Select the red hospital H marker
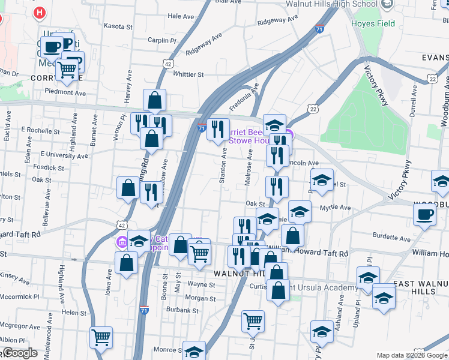tap(39, 12)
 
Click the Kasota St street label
tap(118, 26)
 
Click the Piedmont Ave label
tap(65, 92)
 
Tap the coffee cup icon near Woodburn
tap(424, 215)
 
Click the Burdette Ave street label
tap(393, 238)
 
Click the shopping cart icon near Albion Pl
tap(101, 337)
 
